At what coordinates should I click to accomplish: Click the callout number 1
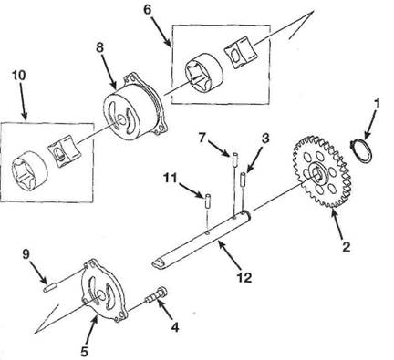point(377,103)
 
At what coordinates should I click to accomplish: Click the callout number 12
point(244,277)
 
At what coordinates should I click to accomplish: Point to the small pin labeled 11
point(208,201)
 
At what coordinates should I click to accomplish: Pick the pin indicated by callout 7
point(235,159)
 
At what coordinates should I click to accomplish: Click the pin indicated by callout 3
point(244,180)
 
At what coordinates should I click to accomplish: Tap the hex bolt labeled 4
point(157,296)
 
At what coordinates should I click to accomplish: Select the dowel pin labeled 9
point(50,287)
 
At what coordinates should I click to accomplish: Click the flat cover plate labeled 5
point(104,291)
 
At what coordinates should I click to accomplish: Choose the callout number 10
point(19,75)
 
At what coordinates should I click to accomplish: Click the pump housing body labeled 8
point(135,107)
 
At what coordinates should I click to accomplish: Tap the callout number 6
point(147,9)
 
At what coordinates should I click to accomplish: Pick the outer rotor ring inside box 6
point(203,72)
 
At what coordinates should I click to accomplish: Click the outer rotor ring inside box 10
point(29,170)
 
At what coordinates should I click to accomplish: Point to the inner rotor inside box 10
point(65,150)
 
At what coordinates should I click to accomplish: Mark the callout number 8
point(100,47)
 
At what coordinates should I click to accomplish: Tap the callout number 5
point(84,352)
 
